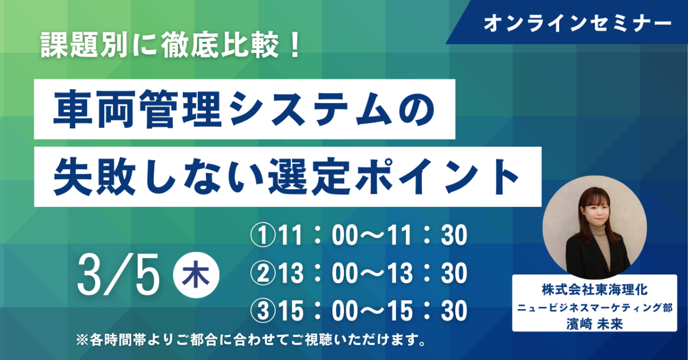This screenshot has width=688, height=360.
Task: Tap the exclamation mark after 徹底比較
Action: coord(295,45)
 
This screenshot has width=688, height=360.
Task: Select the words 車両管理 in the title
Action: coord(138,109)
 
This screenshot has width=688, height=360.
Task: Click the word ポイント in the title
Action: coord(436,177)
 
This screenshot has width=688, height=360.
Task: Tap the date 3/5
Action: coord(119,275)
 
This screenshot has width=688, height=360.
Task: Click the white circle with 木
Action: coord(196,275)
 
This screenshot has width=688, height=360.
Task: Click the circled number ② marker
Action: coord(263,273)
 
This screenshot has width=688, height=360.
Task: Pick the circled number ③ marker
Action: coord(263,310)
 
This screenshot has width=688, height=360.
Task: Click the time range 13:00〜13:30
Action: coord(373,273)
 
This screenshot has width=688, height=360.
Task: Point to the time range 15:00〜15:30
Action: coord(373,310)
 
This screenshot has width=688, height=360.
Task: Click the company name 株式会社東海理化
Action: coord(595,290)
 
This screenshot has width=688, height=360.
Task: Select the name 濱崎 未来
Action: coord(595,324)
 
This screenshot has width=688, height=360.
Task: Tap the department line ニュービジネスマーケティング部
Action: coord(595,307)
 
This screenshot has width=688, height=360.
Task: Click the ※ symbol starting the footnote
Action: coord(82,341)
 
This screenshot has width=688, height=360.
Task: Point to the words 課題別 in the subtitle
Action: coord(84,45)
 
